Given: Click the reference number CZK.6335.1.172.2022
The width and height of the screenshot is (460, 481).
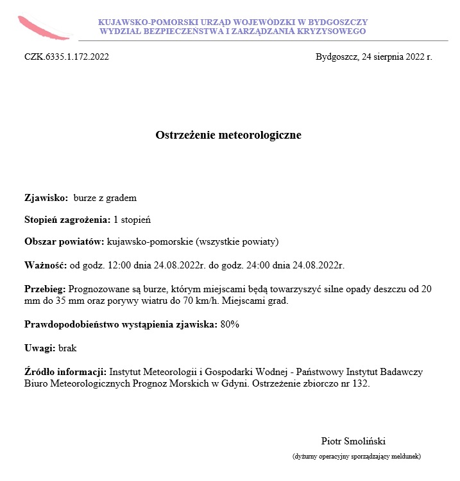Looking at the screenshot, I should click(67, 57).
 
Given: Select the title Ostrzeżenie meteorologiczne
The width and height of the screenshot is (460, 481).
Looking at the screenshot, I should click(228, 136).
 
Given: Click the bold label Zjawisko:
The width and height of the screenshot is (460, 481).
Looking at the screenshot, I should click(46, 198).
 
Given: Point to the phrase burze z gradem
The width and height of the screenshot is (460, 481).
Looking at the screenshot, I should click(105, 198).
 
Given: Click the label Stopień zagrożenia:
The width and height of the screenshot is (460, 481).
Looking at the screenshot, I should click(67, 220).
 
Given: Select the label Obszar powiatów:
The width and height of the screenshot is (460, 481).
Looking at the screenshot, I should click(64, 241).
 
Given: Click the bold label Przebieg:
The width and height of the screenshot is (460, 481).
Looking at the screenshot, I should click(45, 290).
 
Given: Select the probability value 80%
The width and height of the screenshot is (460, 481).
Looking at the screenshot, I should click(230, 325).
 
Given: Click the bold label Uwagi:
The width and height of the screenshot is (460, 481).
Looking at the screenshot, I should click(40, 349).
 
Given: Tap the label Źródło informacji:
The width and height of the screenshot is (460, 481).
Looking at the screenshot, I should click(65, 372).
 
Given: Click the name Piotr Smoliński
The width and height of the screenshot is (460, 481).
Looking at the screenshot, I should click(353, 441).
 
